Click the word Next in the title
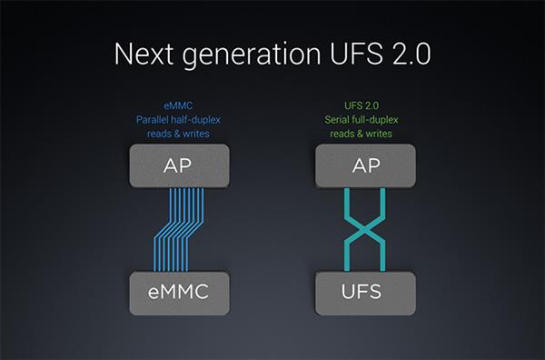pyautogui.click(x=144, y=54)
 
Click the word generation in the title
pyautogui.click(x=252, y=55)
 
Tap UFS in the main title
pyautogui.click(x=357, y=54)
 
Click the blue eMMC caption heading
pyautogui.click(x=178, y=105)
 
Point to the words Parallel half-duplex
pyautogui.click(x=178, y=120)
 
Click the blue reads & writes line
pyautogui.click(x=178, y=134)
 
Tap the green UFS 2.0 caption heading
pyautogui.click(x=362, y=105)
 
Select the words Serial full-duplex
pyautogui.click(x=362, y=120)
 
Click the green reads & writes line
pyautogui.click(x=362, y=134)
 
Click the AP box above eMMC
pyautogui.click(x=179, y=166)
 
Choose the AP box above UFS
pyautogui.click(x=365, y=166)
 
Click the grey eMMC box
pyautogui.click(x=179, y=294)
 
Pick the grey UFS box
pyautogui.click(x=365, y=294)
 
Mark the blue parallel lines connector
pyautogui.click(x=178, y=230)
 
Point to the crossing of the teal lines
pyautogui.click(x=365, y=230)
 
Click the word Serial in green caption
pyautogui.click(x=337, y=120)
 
